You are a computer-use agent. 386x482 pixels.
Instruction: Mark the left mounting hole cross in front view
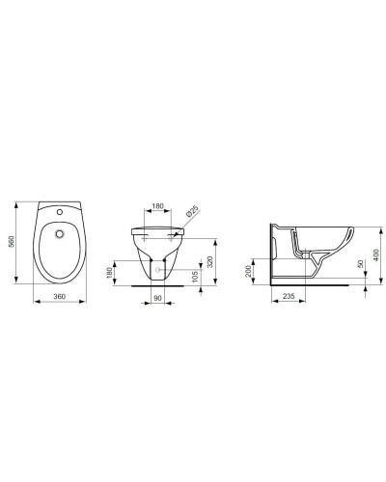[146, 235]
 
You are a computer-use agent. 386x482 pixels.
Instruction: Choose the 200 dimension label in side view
[250, 272]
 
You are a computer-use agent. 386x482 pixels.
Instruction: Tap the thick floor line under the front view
[159, 283]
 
